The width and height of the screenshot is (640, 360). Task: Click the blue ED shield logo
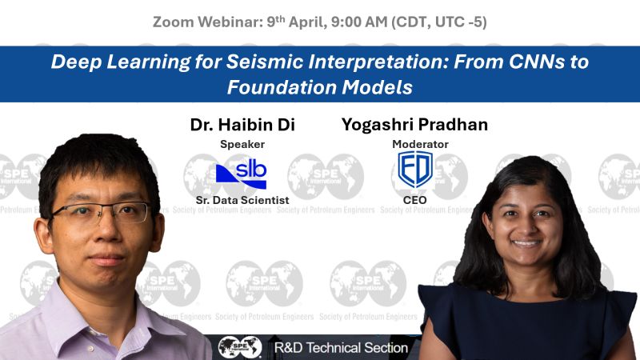415,170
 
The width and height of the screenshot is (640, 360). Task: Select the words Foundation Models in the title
319,86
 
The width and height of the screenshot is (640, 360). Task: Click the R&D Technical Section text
341,348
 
